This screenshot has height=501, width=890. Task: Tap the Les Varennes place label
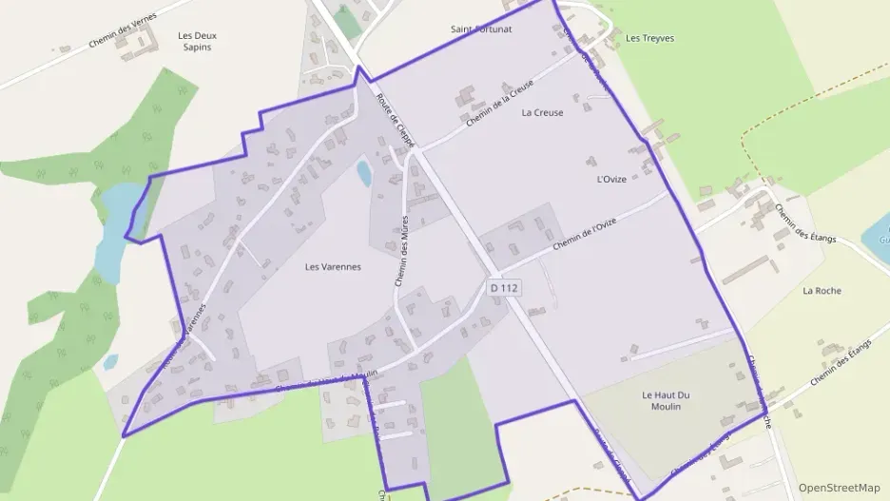click(x=333, y=267)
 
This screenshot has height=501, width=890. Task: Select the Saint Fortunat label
click(x=481, y=29)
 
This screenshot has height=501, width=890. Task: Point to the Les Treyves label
click(x=650, y=38)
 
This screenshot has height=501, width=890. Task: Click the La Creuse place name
click(x=542, y=112)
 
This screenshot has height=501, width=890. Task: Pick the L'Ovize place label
click(x=611, y=180)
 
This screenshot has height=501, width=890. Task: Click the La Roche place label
click(x=822, y=291)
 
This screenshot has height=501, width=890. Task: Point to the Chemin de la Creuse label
click(x=500, y=104)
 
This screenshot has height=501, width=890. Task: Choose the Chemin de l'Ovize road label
click(x=584, y=234)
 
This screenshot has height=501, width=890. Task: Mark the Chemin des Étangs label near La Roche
click(x=805, y=224)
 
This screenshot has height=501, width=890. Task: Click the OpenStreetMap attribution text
click(x=839, y=488)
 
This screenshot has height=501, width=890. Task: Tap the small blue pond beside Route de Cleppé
click(x=363, y=173)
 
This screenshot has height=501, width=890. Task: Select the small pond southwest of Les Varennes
click(x=110, y=362)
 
